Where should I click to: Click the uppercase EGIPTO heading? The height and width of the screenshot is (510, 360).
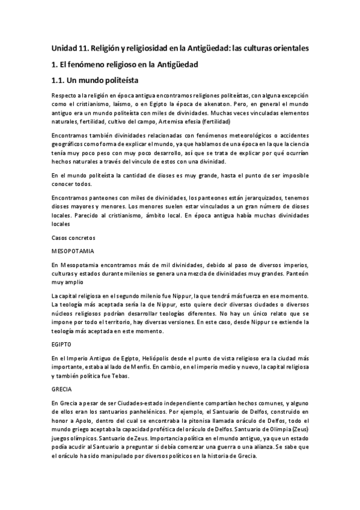click(62, 345)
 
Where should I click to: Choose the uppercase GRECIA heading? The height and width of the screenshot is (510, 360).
click(62, 389)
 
